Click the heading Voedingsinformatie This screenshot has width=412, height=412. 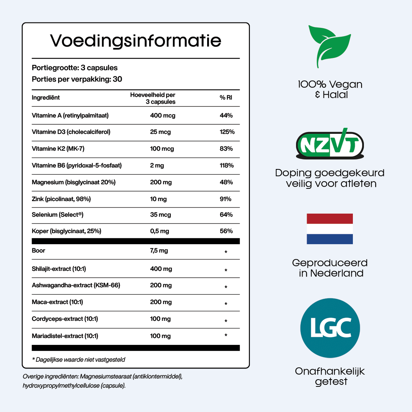point(136,40)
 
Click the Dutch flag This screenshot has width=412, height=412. point(330,229)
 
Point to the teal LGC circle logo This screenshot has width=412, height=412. point(330,328)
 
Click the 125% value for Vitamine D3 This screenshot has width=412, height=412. point(227,132)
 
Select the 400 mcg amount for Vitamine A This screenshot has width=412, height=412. point(163,116)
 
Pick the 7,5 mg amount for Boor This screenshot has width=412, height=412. point(159,251)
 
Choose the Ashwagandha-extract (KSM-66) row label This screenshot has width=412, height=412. point(76,285)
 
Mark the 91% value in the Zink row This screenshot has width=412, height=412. point(226,199)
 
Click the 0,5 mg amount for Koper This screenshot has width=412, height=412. point(159,231)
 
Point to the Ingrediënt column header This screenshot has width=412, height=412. point(46,98)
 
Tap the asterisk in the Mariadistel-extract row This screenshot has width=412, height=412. point(226,335)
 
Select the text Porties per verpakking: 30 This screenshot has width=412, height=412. point(77,79)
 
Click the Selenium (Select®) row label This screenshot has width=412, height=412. point(58,215)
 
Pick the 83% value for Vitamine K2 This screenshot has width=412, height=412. point(226,149)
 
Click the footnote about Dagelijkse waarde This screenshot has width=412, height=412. point(79,359)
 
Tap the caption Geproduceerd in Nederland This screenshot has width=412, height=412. point(330,268)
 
